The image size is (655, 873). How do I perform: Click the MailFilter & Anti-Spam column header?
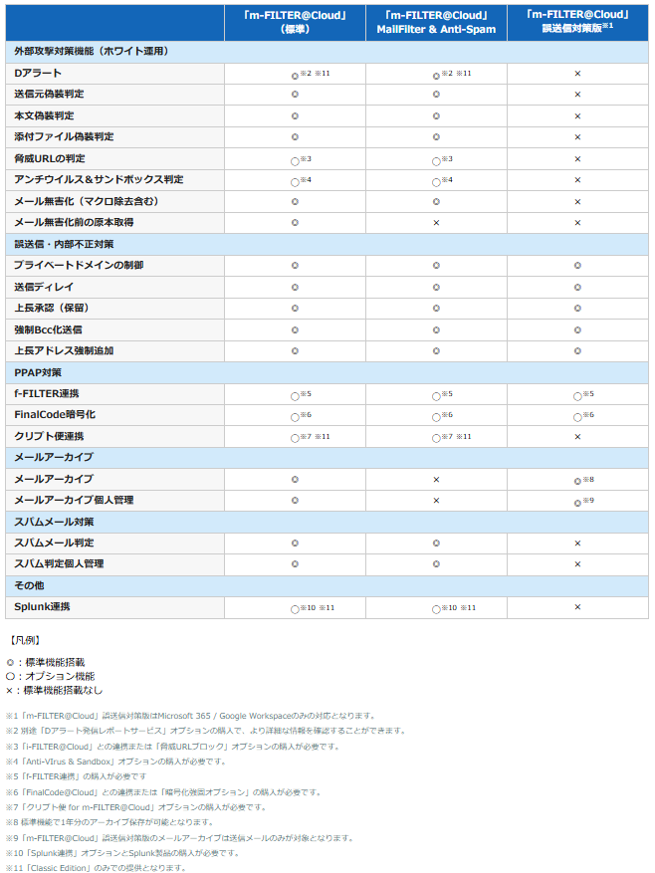[x=436, y=22]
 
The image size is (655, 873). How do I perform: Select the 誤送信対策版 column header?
[x=577, y=22]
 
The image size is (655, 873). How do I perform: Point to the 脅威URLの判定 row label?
[x=49, y=158]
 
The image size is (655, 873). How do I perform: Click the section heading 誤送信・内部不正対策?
[x=64, y=244]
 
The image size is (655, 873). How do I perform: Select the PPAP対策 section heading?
[x=37, y=372]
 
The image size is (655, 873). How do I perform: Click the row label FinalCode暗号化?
[x=55, y=414]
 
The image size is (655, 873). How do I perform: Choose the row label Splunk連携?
[x=42, y=606]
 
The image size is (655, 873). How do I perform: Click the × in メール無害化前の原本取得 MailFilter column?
[x=436, y=222]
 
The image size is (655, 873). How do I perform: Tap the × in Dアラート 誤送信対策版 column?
[x=577, y=74]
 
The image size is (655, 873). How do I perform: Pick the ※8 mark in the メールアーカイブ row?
[x=587, y=479]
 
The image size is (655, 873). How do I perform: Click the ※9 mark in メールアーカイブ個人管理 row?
[x=587, y=500]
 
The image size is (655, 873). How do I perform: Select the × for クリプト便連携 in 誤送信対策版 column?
[x=577, y=436]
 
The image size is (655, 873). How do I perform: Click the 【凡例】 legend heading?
[x=24, y=640]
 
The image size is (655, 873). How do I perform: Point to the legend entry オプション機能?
[x=51, y=675]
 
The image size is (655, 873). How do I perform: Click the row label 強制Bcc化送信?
[x=48, y=329]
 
